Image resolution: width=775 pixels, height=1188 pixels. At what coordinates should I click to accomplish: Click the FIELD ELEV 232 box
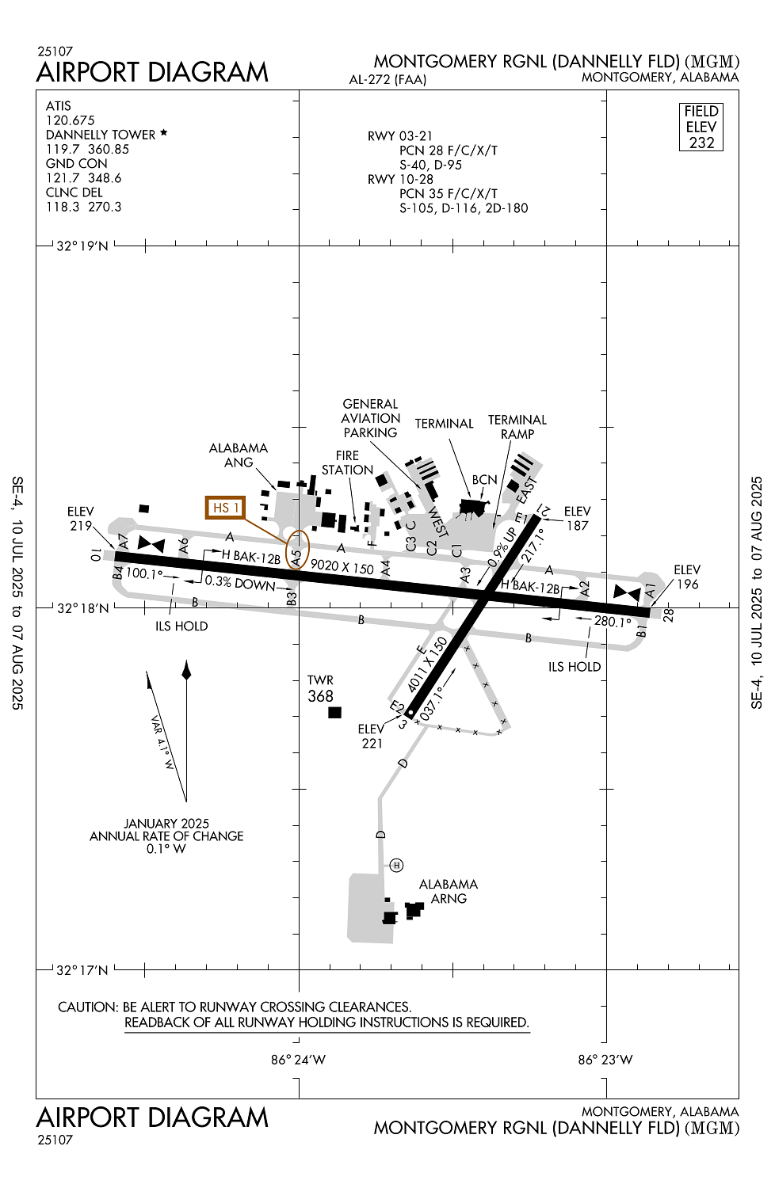click(701, 127)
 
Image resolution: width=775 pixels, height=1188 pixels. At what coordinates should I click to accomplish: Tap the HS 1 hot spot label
click(226, 508)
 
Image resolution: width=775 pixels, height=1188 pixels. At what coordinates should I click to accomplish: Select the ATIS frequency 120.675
click(70, 120)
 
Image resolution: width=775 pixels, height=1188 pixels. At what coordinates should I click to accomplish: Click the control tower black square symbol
click(334, 712)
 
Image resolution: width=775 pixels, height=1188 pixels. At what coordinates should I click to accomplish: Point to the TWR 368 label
click(321, 689)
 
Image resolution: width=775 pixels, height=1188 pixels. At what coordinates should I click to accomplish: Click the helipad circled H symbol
click(396, 865)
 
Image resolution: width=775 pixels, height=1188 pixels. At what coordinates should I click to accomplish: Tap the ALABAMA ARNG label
click(449, 891)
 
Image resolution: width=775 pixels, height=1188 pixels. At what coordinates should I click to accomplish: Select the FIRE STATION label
click(347, 463)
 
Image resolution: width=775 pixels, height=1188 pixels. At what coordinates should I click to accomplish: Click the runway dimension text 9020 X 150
click(342, 566)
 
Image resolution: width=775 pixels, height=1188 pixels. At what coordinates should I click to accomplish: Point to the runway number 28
click(668, 615)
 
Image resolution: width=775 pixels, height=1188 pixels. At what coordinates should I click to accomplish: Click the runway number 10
click(96, 555)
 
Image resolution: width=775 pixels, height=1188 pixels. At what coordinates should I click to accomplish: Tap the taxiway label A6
click(184, 545)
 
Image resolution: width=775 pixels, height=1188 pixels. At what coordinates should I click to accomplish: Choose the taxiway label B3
click(292, 599)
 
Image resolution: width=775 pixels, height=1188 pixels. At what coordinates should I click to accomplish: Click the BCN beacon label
click(485, 479)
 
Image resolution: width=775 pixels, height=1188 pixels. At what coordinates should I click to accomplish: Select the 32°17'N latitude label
click(82, 970)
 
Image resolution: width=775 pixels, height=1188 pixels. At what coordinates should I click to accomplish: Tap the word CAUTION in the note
click(88, 1007)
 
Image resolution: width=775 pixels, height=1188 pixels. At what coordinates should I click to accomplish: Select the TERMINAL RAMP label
click(517, 427)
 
